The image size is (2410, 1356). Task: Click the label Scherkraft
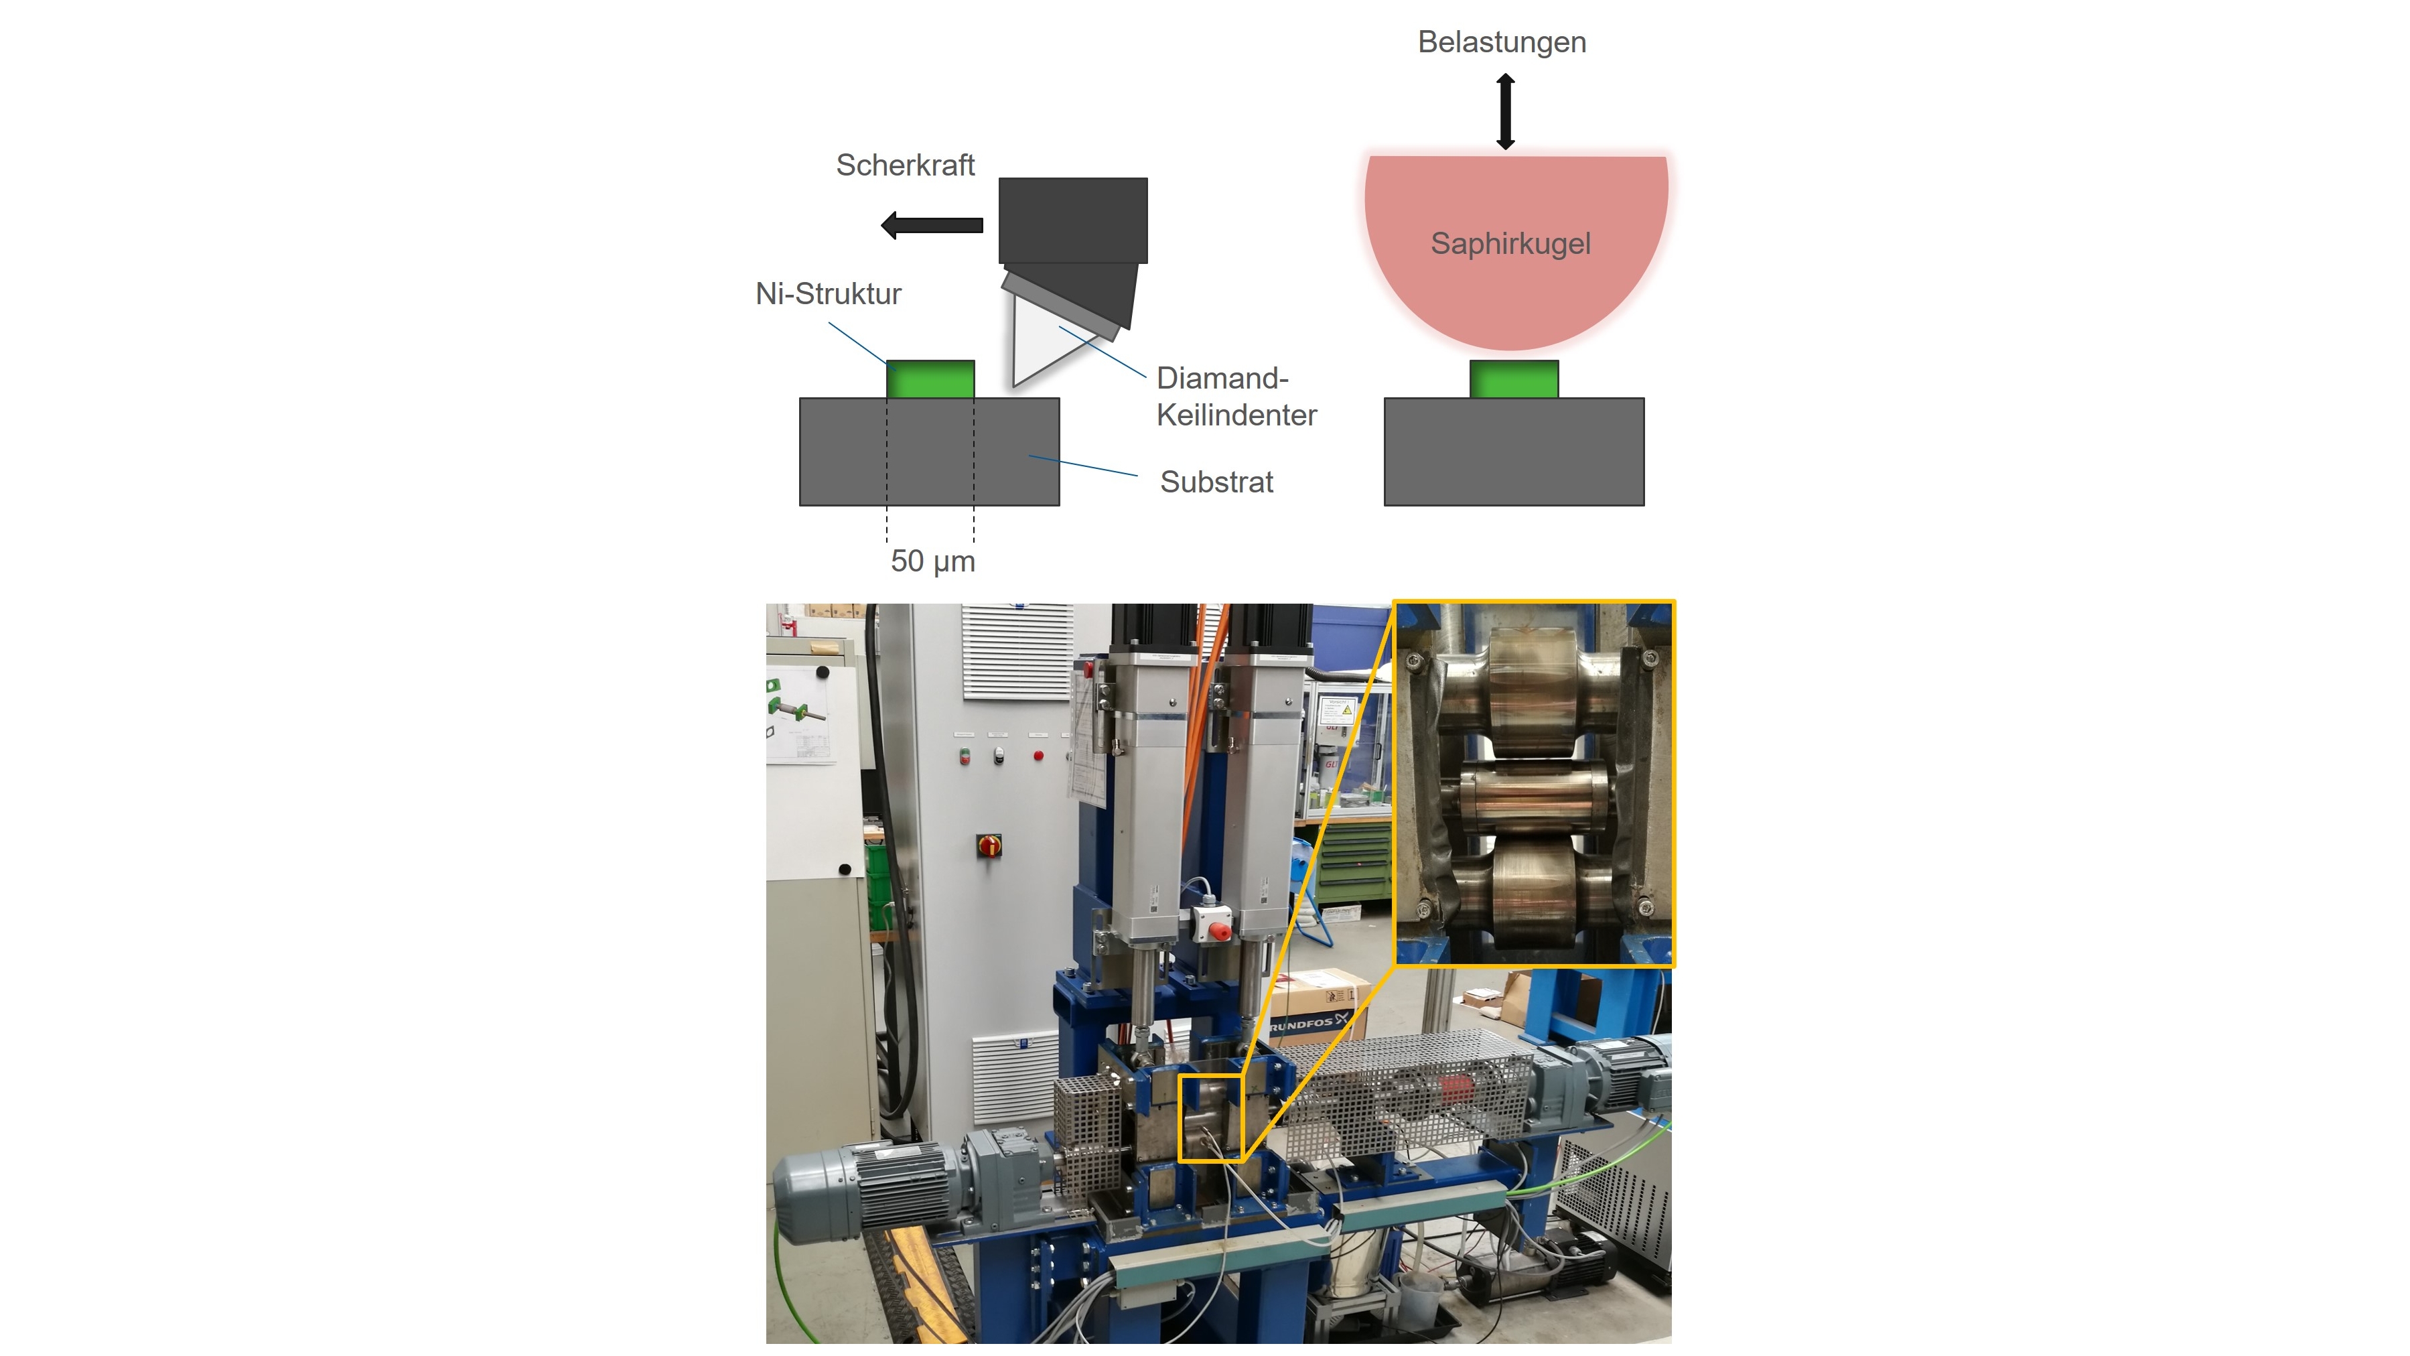point(905,165)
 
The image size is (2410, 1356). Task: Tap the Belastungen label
point(1502,42)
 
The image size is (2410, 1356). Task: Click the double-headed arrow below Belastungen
point(1505,113)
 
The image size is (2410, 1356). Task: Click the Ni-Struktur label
point(828,294)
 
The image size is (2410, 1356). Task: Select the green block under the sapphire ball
point(1514,379)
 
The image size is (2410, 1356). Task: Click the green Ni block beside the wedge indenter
point(930,379)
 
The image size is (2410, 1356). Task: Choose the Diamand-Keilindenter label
point(1236,397)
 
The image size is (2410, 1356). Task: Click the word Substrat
point(1216,482)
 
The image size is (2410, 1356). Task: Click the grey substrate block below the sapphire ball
point(1514,452)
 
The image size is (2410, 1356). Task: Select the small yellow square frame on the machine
point(1210,1118)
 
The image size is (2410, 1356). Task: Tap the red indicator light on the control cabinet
point(1038,755)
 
